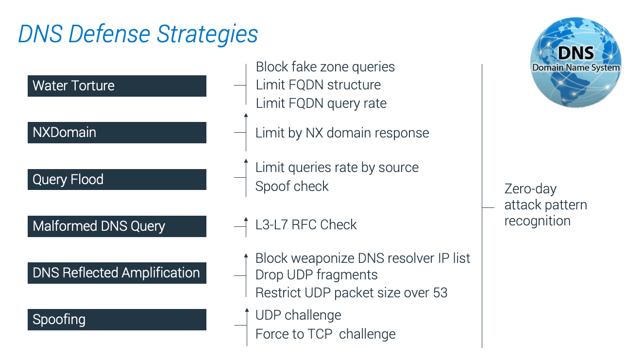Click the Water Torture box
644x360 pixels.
tap(117, 86)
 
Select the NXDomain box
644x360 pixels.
tap(117, 133)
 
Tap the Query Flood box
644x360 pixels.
tap(117, 179)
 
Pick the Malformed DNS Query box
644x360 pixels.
tap(117, 226)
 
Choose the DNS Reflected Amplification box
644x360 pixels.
tap(117, 273)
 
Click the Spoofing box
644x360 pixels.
tap(117, 320)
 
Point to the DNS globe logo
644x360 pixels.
tap(576, 62)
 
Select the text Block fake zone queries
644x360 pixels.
tap(325, 67)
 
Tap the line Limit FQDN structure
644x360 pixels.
tap(318, 85)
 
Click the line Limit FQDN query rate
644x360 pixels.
tap(321, 103)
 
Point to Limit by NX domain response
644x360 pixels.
tap(342, 133)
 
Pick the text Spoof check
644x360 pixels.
tap(292, 187)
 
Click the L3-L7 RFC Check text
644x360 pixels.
tap(306, 224)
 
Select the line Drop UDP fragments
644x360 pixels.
tap(316, 275)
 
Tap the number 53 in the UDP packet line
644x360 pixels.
tap(440, 293)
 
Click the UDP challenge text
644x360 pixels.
tap(298, 315)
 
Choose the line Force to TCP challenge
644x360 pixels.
tap(325, 334)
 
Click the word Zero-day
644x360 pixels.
tap(530, 189)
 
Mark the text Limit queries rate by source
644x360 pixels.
tap(337, 168)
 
